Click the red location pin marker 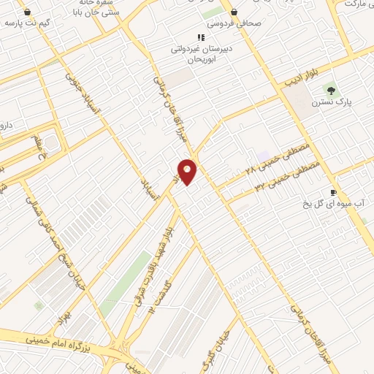click(188, 171)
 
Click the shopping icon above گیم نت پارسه click(27, 12)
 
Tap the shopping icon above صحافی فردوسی click(234, 12)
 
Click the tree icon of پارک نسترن click(331, 91)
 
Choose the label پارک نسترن click(332, 103)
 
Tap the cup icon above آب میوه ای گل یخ click(334, 192)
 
